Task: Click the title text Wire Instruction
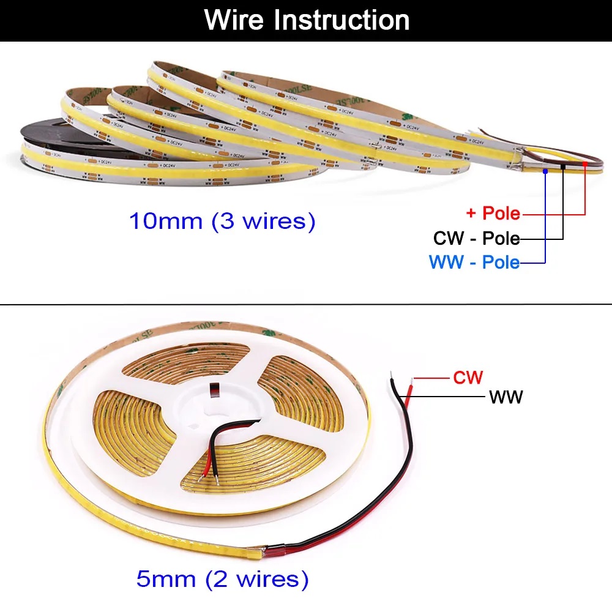click(x=307, y=20)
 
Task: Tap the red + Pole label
click(x=493, y=214)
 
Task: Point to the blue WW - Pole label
click(x=474, y=263)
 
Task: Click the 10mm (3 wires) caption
click(x=222, y=221)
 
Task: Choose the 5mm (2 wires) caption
click(x=222, y=578)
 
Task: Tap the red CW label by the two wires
click(x=468, y=377)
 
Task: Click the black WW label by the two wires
click(x=506, y=397)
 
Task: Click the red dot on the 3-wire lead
click(x=586, y=163)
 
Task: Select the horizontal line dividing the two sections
click(x=306, y=304)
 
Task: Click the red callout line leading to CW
click(x=431, y=378)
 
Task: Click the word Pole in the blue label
click(x=501, y=263)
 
